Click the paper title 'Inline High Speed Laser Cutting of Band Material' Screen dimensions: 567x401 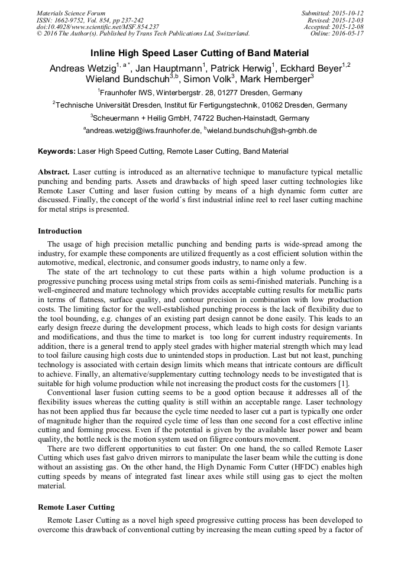200,53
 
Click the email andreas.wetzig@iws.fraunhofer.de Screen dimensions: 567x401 143,131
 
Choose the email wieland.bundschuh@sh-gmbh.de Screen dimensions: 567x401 262,131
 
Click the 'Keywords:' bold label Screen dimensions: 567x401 57,151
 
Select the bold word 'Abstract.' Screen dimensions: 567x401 54,171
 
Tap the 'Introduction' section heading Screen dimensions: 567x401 60,231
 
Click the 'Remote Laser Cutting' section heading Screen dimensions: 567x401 76,507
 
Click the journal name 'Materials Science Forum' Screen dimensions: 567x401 71,13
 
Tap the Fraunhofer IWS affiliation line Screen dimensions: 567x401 200,93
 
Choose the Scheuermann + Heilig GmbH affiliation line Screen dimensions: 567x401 200,118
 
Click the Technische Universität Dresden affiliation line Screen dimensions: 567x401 200,105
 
